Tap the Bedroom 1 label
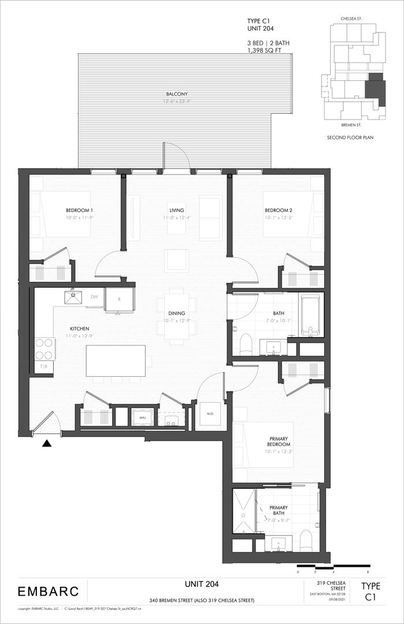79,210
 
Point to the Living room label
176,210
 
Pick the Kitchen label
65,328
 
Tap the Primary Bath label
279,511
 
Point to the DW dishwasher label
94,297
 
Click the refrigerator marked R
118,300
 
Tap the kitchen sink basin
73,298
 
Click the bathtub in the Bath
310,315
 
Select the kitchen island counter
116,361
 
